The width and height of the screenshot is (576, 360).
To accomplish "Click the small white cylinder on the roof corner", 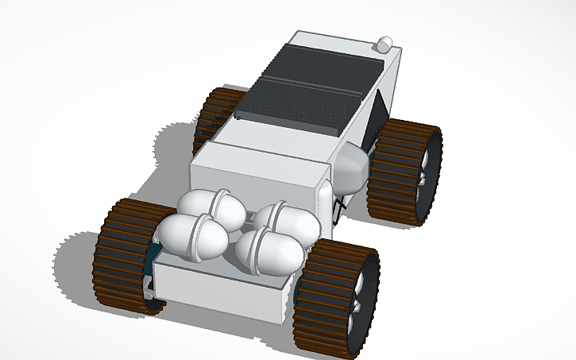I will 385,43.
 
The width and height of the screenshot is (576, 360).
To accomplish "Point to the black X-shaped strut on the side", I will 340,205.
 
